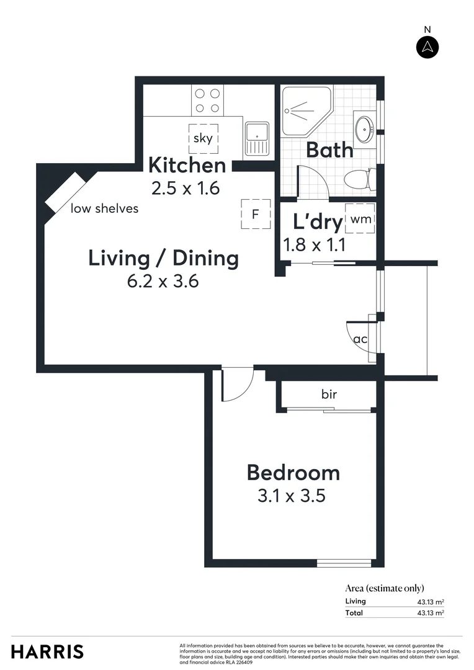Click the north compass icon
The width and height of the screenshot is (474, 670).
point(427,47)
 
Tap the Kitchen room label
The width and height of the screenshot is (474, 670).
point(187,166)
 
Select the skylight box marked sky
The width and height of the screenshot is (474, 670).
point(203,138)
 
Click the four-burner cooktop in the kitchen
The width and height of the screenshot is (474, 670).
point(207,100)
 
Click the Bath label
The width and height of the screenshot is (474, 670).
point(329,150)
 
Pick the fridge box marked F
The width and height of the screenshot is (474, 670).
point(255,215)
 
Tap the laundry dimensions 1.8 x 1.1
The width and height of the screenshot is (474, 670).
point(314,244)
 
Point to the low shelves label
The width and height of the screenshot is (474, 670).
point(104,208)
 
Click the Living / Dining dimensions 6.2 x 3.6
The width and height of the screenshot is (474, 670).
point(163,281)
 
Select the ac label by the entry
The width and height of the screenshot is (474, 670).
point(360,339)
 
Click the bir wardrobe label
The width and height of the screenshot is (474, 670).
point(329,394)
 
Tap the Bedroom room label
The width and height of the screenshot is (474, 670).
point(293,473)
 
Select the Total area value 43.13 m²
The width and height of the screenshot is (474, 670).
point(430,613)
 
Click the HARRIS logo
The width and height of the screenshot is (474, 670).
point(47,651)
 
